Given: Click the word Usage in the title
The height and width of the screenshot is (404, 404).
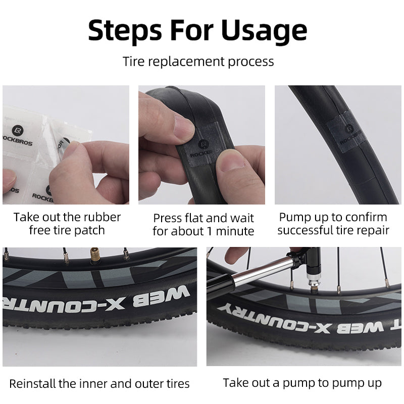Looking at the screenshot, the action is coord(264,31).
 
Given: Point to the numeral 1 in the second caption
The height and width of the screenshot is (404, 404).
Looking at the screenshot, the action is coord(209,231).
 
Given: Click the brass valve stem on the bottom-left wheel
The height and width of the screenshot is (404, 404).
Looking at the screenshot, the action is coord(94,256).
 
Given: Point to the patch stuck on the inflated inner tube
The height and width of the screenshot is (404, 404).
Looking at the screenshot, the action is coord(346,131).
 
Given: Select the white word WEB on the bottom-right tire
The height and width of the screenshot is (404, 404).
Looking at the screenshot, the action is coord(360,328).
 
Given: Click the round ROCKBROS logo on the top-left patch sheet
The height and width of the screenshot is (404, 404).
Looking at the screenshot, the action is coord(18,131).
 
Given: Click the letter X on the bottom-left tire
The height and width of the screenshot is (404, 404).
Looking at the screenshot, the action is coord(115,304).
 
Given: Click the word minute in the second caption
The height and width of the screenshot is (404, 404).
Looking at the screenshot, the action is coord(235,231).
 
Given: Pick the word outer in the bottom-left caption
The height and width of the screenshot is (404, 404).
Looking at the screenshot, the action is coord(149,384).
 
